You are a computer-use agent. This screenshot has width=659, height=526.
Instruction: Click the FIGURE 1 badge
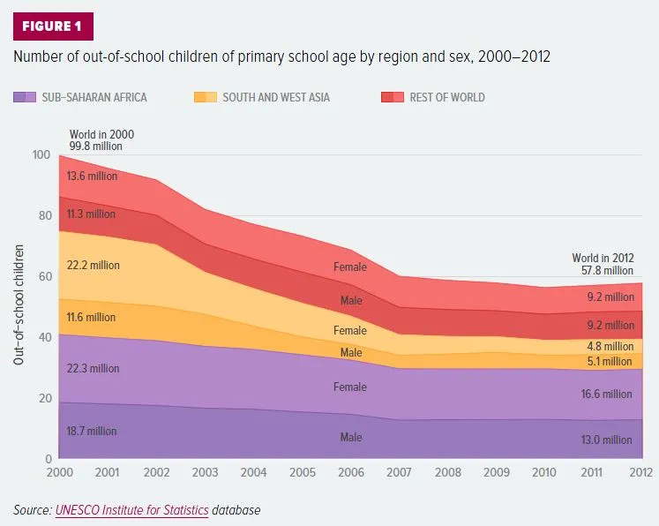[x=51, y=26]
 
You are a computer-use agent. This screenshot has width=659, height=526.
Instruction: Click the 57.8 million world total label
[x=603, y=271]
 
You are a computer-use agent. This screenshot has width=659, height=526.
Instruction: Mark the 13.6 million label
[x=91, y=176]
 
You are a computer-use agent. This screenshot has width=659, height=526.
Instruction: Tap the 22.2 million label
[x=92, y=265]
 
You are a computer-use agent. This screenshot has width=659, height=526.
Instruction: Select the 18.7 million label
[x=91, y=432]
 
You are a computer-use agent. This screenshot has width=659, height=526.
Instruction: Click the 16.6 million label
[x=606, y=394]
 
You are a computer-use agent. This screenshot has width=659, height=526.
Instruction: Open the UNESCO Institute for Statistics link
[x=131, y=510]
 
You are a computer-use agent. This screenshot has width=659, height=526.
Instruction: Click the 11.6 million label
[x=91, y=317]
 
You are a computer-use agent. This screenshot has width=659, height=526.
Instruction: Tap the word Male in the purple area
[x=351, y=437]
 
